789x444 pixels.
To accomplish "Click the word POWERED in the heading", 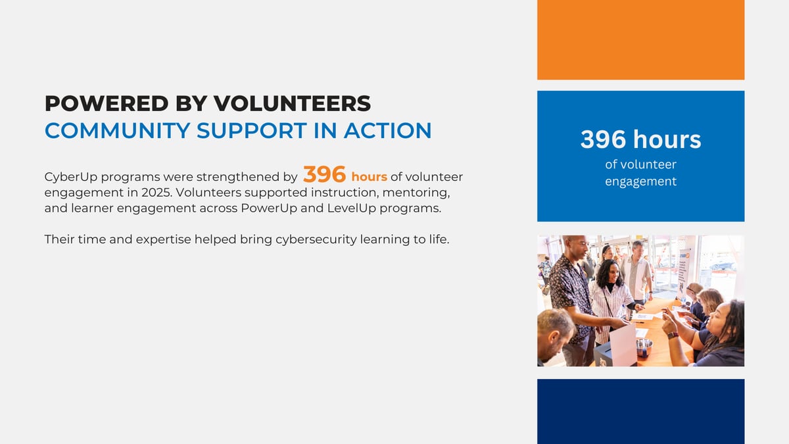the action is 107,104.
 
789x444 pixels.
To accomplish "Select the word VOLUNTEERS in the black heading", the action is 292,104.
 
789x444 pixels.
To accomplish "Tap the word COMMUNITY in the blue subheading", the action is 118,131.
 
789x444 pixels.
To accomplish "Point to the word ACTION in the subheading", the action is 387,131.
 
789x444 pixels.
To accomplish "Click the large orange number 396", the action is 324,174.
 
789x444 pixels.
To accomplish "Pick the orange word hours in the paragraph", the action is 369,177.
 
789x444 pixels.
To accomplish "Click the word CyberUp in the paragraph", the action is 71,177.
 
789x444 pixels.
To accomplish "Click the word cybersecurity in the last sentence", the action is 316,239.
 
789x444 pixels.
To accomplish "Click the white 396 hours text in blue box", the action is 640,139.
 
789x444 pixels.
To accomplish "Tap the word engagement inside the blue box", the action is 640,182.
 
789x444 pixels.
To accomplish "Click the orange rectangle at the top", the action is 640,40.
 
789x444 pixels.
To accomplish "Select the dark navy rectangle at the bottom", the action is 640,412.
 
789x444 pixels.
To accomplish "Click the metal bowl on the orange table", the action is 644,345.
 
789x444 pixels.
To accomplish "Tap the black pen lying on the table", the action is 638,322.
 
